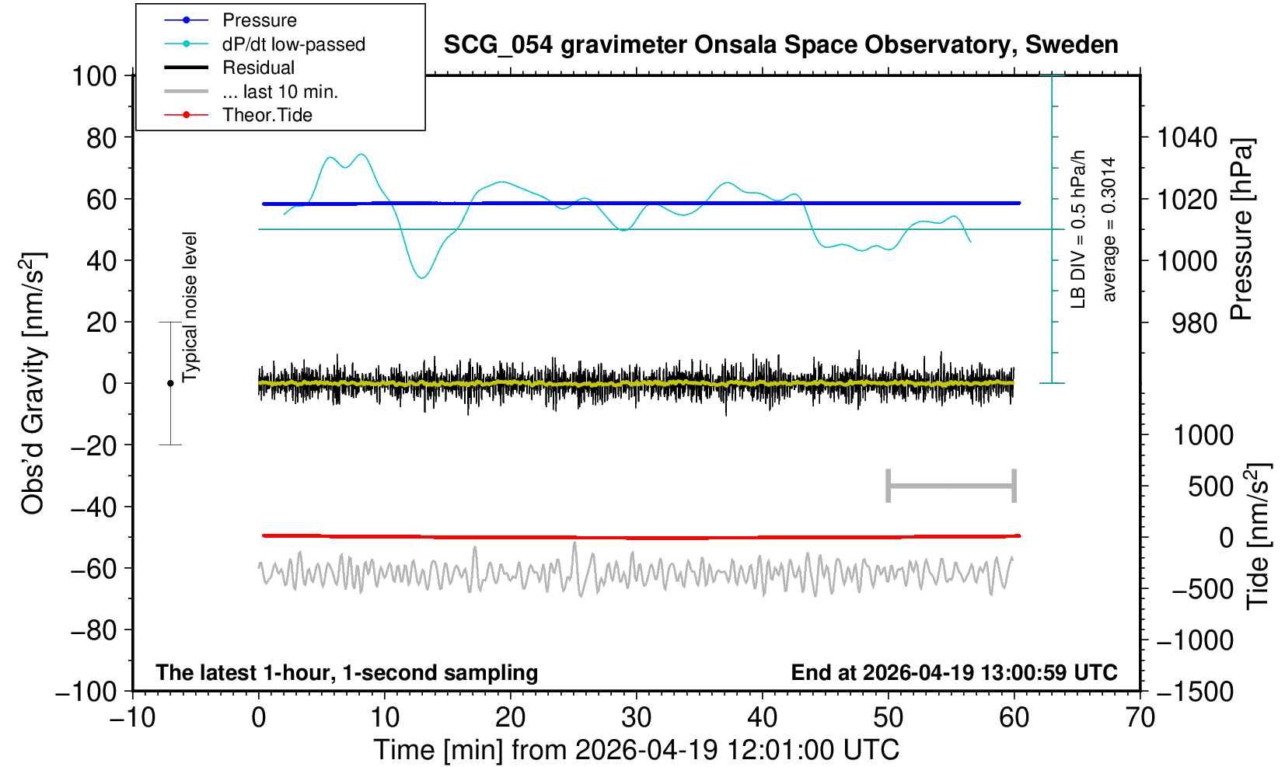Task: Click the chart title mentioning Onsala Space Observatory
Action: [x=780, y=45]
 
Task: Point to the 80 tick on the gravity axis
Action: [x=102, y=138]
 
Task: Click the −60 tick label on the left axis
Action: [x=94, y=569]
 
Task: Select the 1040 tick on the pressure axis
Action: [x=1187, y=138]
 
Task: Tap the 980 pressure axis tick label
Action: [x=1194, y=323]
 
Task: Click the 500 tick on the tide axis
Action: [x=1210, y=487]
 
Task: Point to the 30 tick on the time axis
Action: [x=636, y=718]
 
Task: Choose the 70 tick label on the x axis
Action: [x=1140, y=718]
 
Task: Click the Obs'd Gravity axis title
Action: [x=33, y=383]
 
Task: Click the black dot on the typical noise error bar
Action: [x=170, y=383]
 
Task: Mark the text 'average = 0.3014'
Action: [x=1109, y=229]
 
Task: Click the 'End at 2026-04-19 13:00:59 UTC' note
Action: [x=954, y=672]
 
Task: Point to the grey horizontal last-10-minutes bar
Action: [x=952, y=486]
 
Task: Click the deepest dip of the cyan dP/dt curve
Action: [x=422, y=277]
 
